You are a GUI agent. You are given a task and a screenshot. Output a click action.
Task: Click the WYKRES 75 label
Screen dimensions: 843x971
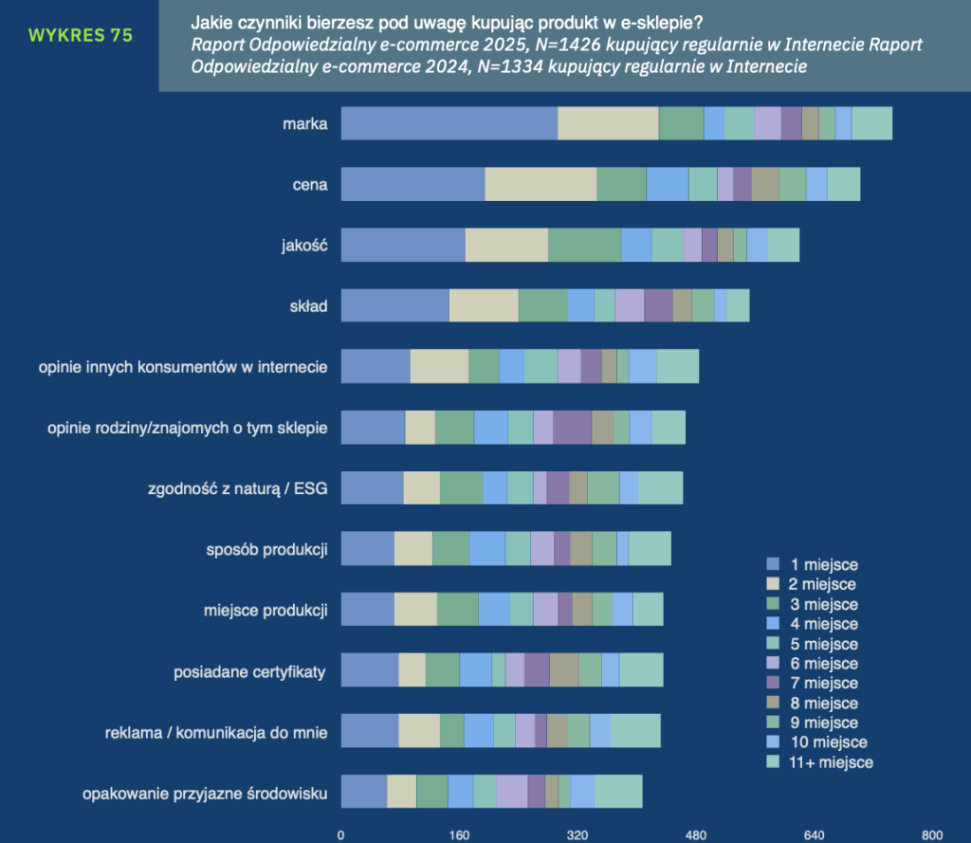81,36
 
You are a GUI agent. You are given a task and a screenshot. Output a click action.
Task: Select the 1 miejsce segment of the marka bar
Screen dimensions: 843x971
449,123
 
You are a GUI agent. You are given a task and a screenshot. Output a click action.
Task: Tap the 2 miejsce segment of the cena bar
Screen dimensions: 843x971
540,183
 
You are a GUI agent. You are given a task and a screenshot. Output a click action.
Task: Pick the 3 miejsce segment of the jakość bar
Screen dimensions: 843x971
584,245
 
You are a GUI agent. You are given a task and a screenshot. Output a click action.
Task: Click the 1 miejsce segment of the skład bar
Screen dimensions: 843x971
394,305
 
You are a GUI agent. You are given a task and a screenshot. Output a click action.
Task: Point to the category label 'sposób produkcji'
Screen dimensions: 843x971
267,549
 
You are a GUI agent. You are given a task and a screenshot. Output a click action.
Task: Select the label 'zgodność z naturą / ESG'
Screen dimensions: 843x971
233,489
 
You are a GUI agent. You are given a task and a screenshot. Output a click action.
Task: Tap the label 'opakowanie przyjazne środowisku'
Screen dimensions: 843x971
205,794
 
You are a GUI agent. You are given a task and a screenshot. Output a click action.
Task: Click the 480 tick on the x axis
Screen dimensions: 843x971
697,836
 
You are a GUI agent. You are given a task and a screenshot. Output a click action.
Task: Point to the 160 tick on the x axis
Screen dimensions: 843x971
459,836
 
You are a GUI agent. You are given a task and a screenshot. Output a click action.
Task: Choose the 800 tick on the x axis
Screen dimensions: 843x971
932,836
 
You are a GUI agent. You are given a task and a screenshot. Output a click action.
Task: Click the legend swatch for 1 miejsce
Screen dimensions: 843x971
773,565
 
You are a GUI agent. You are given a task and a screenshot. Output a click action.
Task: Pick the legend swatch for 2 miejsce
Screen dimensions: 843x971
773,585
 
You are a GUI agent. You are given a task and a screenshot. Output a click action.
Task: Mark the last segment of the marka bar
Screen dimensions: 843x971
871,123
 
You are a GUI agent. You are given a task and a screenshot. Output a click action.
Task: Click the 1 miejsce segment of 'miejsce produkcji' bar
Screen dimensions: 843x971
367,609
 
